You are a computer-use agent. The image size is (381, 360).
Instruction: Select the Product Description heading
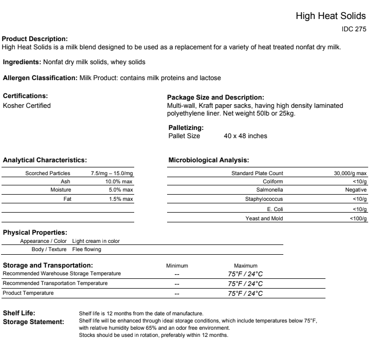(x=35, y=39)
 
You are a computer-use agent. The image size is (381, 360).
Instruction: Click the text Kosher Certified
(x=27, y=106)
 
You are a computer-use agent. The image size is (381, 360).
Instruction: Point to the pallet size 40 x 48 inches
(x=245, y=136)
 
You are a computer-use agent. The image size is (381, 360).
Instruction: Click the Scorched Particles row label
(x=48, y=174)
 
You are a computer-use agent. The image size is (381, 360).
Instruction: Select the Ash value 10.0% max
(x=119, y=182)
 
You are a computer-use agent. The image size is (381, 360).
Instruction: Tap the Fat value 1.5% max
(x=121, y=199)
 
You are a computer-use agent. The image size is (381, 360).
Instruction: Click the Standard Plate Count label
(x=257, y=174)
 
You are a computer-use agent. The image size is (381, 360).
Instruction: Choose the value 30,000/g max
(x=350, y=174)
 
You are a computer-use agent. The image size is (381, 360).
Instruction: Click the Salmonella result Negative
(x=355, y=190)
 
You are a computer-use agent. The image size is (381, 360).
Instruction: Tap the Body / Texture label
(x=49, y=250)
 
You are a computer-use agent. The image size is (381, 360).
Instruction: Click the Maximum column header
(x=245, y=266)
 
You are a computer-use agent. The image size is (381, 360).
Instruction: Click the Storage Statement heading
(x=33, y=322)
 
